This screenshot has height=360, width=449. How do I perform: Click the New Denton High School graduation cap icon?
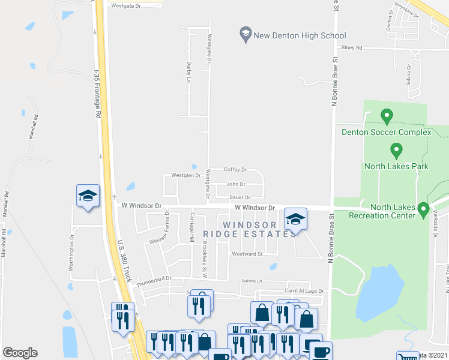pyautogui.click(x=245, y=34)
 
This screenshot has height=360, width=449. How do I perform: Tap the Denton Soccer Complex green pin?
pyautogui.click(x=387, y=115)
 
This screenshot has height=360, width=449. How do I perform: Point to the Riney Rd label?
pyautogui.click(x=351, y=47)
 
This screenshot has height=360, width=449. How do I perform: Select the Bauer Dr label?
pyautogui.click(x=238, y=197)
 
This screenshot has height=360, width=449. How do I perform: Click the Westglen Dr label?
pyautogui.click(x=185, y=176)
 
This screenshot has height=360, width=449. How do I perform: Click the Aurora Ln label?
pyautogui.click(x=252, y=281)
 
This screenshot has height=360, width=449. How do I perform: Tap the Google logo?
pyautogui.click(x=20, y=353)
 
